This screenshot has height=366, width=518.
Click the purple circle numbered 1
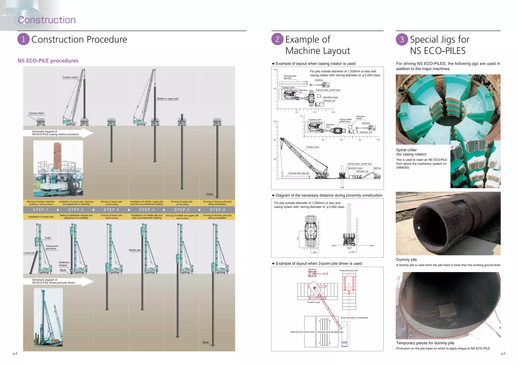pyautogui.click(x=24, y=39)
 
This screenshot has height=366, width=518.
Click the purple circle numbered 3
pyautogui.click(x=402, y=40)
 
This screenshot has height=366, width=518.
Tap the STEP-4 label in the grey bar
pyautogui.click(x=147, y=210)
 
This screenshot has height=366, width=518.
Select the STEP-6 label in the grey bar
pyautogui.click(x=218, y=210)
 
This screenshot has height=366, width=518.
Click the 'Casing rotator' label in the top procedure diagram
pyautogui.click(x=36, y=113)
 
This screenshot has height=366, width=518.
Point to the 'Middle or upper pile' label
pyautogui.click(x=167, y=99)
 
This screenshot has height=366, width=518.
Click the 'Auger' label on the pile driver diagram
pyautogui.click(x=48, y=238)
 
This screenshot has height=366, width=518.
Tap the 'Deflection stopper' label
pyautogui.click(x=64, y=264)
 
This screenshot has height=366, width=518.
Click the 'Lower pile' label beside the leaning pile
pyautogui.click(x=29, y=253)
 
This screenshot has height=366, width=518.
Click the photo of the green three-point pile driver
pyautogui.click(x=48, y=317)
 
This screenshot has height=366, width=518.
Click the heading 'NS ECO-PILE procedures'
pyautogui.click(x=48, y=61)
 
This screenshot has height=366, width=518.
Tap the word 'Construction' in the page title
pyautogui.click(x=47, y=20)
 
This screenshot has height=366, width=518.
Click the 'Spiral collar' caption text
pyautogui.click(x=406, y=150)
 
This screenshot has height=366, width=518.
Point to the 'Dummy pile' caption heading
pyautogui.click(x=406, y=260)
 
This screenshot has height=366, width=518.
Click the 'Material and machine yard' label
pyautogui.click(x=302, y=332)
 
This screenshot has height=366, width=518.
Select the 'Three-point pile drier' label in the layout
pyautogui.click(x=349, y=270)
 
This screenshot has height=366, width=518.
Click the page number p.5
pyautogui.click(x=503, y=353)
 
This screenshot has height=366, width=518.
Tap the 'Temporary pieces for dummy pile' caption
pyautogui.click(x=425, y=343)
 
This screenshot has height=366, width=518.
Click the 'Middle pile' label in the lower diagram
pyautogui.click(x=135, y=250)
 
